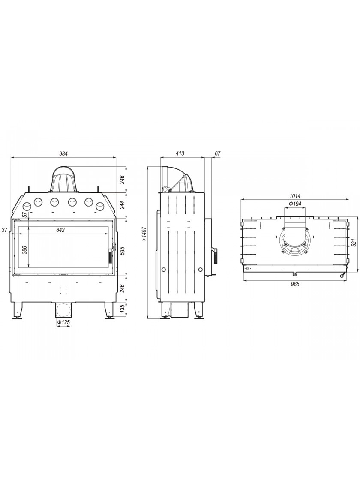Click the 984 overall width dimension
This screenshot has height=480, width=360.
64,153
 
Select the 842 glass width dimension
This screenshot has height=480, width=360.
60,230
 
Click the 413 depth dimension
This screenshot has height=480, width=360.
180,153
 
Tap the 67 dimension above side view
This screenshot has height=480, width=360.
218,153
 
